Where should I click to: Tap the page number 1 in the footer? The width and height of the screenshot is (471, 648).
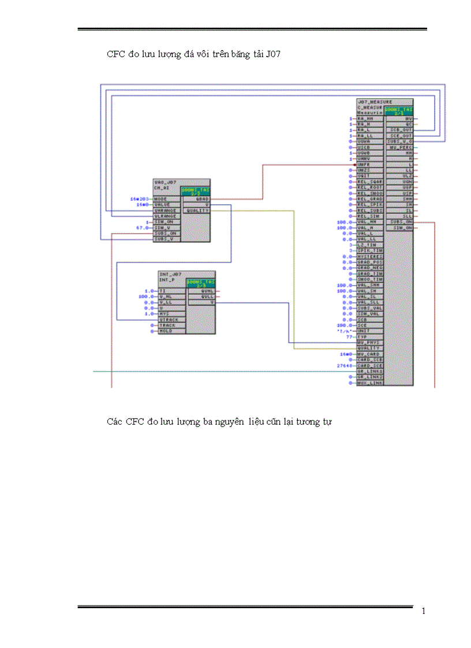tap(424, 612)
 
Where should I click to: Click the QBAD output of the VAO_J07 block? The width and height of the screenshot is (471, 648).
tap(203, 199)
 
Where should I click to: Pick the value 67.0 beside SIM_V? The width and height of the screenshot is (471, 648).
tap(141, 228)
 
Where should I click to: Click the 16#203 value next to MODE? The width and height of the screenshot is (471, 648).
tap(139, 199)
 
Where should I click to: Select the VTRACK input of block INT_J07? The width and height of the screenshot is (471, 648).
tap(169, 319)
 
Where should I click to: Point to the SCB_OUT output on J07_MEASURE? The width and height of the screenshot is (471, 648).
tap(401, 130)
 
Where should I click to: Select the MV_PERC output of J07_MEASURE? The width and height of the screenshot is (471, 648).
tap(401, 147)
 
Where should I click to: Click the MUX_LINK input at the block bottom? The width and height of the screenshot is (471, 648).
tap(369, 383)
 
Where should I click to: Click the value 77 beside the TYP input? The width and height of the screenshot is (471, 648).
tap(349, 336)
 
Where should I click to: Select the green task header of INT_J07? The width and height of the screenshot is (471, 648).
tap(200, 283)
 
